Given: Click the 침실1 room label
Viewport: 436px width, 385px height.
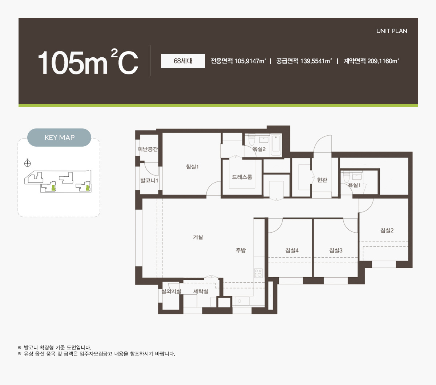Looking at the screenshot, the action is coord(192,167).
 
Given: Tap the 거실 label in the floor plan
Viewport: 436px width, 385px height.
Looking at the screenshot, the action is coord(198,237).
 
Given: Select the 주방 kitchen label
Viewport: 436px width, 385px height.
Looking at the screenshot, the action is coord(241,250).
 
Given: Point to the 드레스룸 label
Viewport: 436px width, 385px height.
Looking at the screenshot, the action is coord(242,177).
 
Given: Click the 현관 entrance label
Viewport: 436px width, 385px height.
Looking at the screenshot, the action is coord(322,180).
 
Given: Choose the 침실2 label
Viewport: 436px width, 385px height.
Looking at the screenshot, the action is coord(387,230).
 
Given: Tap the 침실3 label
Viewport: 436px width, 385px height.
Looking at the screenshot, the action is coord(336,250).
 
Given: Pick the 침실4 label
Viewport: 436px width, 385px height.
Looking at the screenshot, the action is coord(292,250).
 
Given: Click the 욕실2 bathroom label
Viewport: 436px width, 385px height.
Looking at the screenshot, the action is coord(259,149).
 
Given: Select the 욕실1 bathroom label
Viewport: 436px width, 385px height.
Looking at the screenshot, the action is coord(354,185).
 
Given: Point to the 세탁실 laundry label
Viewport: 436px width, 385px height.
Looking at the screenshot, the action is coord(201,291).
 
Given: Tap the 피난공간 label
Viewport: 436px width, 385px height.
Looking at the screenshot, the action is coord(148,149).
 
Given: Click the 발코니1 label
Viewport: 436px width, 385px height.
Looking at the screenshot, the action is coord(149,180).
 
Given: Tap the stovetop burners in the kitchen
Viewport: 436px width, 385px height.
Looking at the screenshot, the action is coord(258,273).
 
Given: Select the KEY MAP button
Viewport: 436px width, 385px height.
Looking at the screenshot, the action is coord(59,138).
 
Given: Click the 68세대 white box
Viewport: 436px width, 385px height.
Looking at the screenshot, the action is coord(183,61).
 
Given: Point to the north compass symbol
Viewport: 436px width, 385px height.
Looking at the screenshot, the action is coord(28,163).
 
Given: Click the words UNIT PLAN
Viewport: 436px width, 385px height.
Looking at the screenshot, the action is coord(392,31).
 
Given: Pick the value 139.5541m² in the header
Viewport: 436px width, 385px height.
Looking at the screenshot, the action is coord(316,61).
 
